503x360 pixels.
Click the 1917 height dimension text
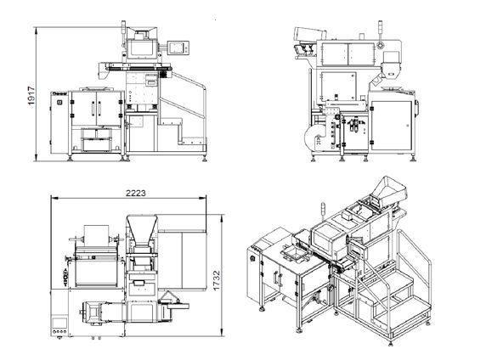point(31,96)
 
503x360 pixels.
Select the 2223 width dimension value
point(136,193)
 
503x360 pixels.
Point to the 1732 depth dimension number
point(217,280)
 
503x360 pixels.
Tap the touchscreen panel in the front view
point(178,48)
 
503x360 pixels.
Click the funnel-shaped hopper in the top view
point(141,229)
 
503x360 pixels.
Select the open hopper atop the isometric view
point(389,191)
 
